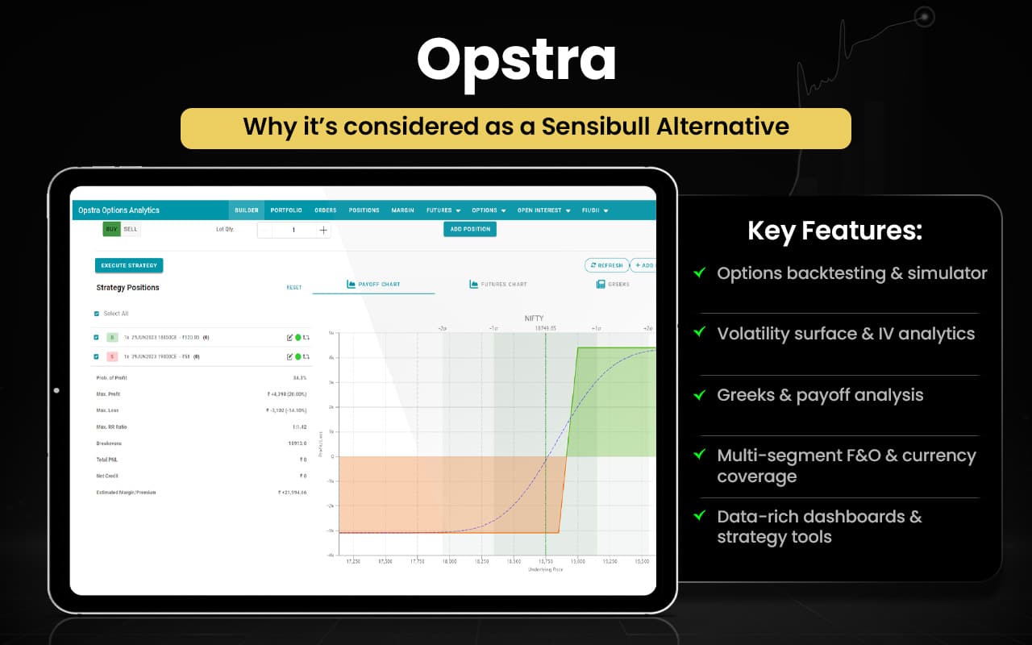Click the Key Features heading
pyautogui.click(x=834, y=231)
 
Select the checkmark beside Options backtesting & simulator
pyautogui.click(x=700, y=273)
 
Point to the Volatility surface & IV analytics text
pyautogui.click(x=846, y=334)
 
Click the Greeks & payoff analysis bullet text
pyautogui.click(x=820, y=395)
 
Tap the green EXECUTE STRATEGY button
pyautogui.click(x=129, y=265)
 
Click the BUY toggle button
pyautogui.click(x=111, y=230)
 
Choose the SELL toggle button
pyautogui.click(x=131, y=230)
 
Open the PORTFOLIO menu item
pyautogui.click(x=286, y=210)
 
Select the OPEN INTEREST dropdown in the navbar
pyautogui.click(x=543, y=210)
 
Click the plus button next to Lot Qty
pyautogui.click(x=323, y=231)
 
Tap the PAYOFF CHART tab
pyautogui.click(x=373, y=285)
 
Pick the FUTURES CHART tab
pyautogui.click(x=498, y=285)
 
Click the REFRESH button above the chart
pyautogui.click(x=606, y=265)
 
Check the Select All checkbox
pyautogui.click(x=98, y=314)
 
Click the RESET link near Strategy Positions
pyautogui.click(x=294, y=288)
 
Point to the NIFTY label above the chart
pyautogui.click(x=534, y=318)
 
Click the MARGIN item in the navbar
pyautogui.click(x=402, y=210)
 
